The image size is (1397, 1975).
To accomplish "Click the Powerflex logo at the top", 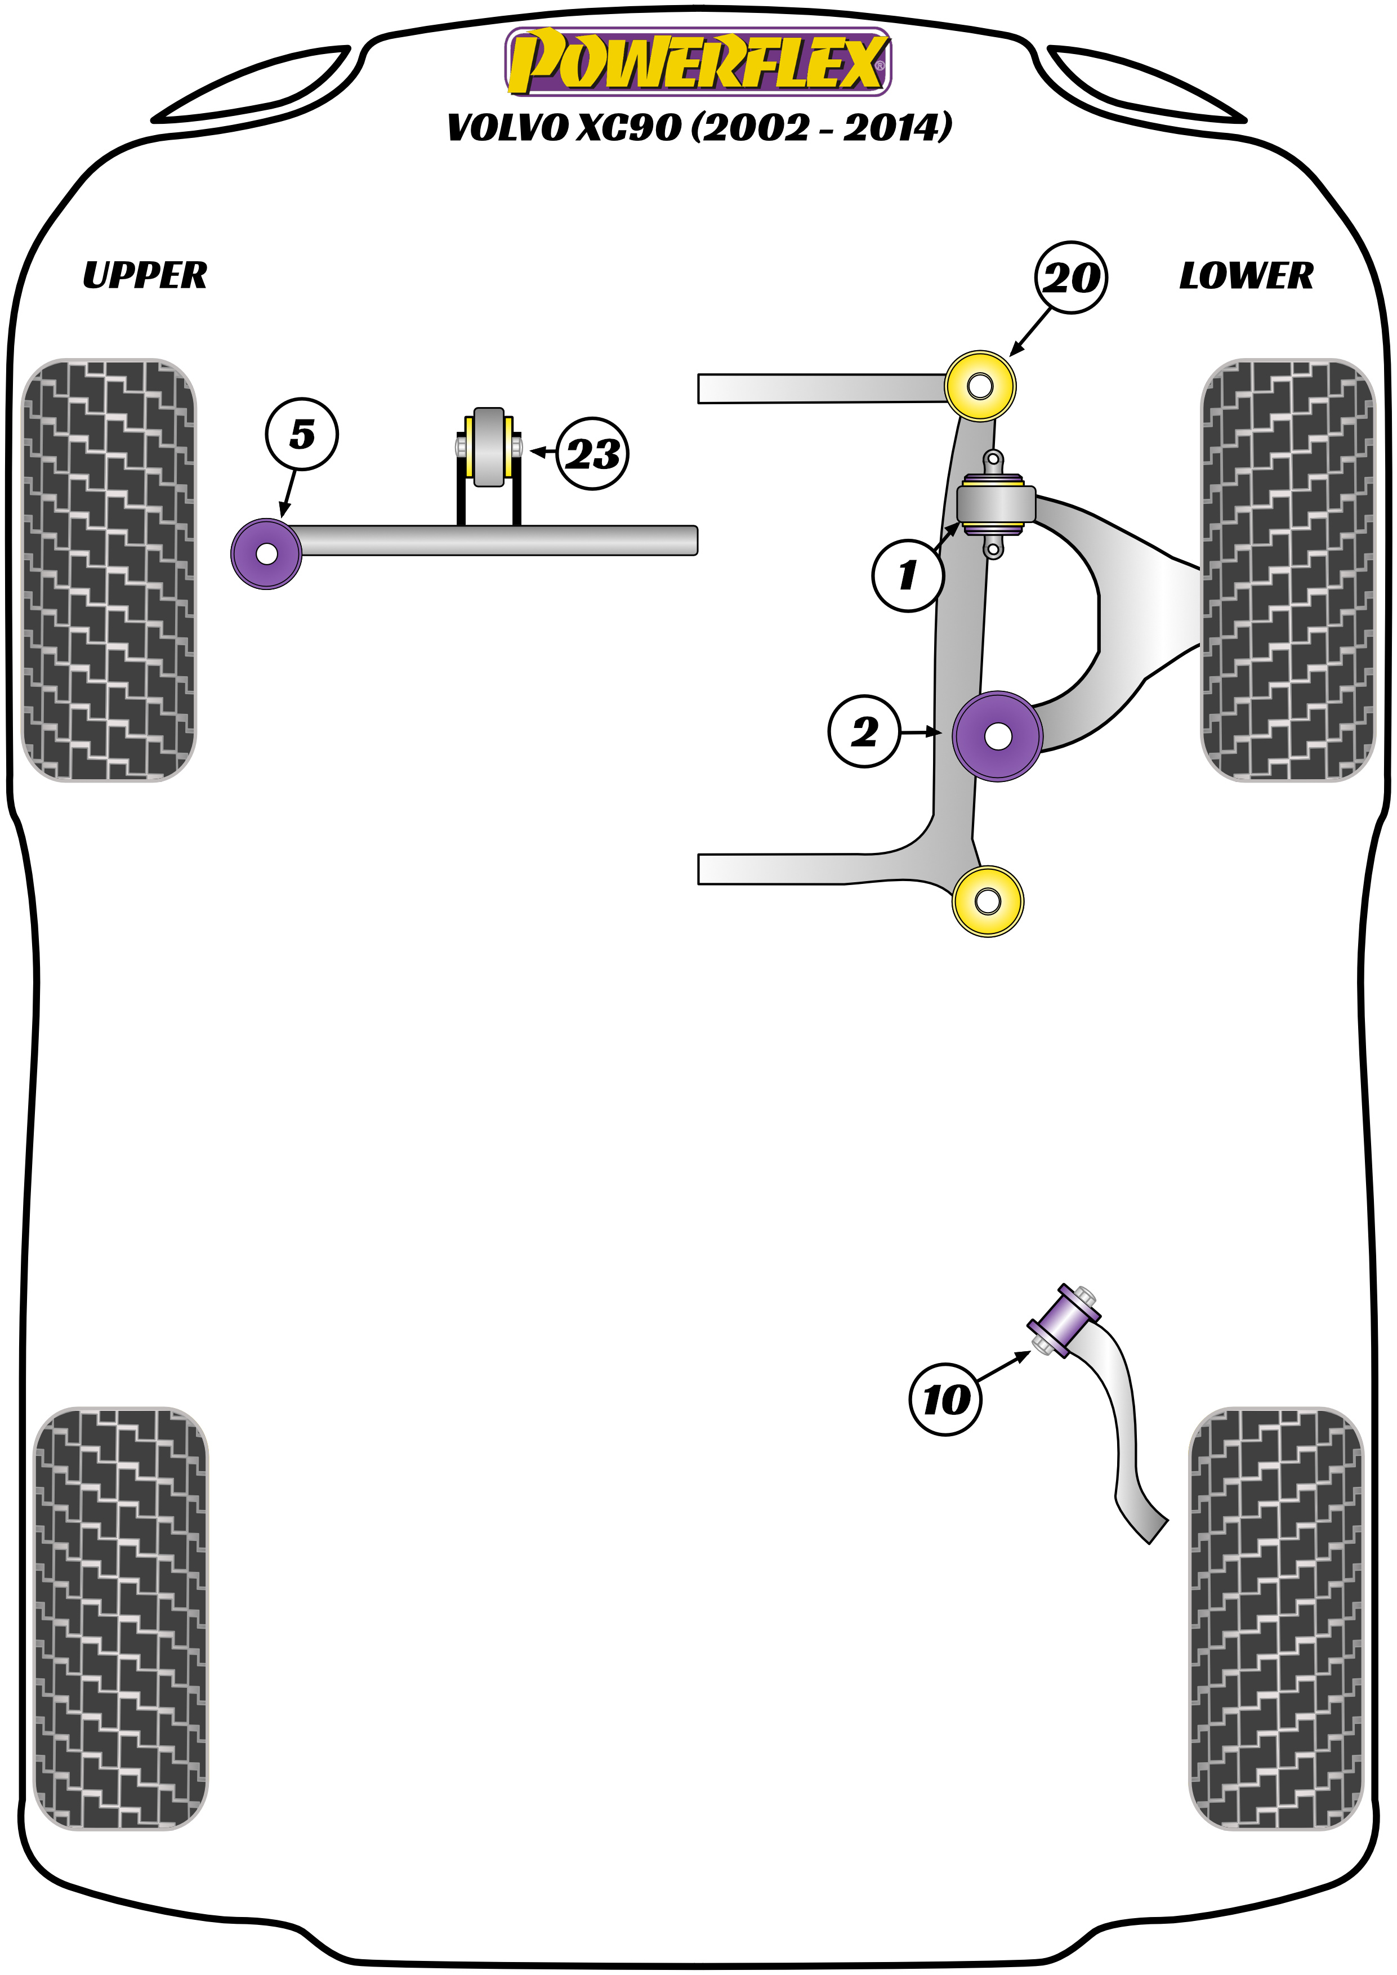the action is (698, 61).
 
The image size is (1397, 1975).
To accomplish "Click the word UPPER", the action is (145, 275).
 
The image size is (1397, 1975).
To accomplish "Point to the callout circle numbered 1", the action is (908, 575).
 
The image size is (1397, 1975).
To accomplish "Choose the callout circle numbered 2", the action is (864, 731).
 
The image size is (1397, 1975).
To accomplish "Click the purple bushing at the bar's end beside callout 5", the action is (267, 554).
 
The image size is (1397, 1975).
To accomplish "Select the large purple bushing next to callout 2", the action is (998, 736).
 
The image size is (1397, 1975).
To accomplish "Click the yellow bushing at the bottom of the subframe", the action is (988, 901).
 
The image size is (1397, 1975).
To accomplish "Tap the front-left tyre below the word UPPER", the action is (108, 569).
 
